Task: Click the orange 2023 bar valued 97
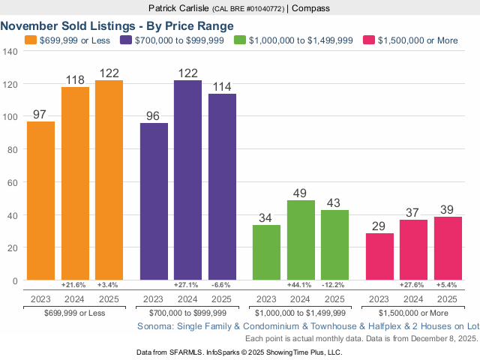coord(40,200)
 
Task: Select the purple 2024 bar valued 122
coord(187,180)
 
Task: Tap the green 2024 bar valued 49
coord(301,240)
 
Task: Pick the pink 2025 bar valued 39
coord(448,248)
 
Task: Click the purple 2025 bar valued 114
coord(222,187)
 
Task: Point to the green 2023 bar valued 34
coord(266,252)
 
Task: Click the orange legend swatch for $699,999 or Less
coord(30,40)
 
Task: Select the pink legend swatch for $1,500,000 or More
coord(368,40)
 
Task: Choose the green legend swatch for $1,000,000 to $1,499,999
coord(240,40)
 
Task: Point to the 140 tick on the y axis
coord(10,52)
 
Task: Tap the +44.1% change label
coord(301,286)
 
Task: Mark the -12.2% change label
coord(334,286)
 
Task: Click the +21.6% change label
coord(74,286)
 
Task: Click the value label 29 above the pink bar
coord(379,225)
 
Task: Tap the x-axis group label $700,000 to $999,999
coord(187,312)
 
